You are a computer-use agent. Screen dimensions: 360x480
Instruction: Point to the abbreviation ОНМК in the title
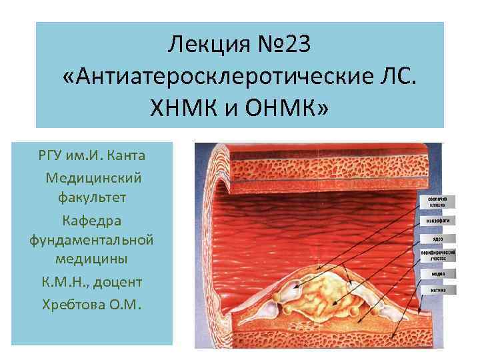click(x=280, y=107)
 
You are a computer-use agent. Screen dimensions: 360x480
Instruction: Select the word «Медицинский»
click(x=93, y=177)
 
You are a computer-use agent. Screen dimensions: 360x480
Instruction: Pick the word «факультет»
click(x=93, y=198)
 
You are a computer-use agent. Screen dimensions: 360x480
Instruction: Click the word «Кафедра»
click(x=93, y=219)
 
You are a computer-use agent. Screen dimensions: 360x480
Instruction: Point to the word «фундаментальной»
click(x=93, y=239)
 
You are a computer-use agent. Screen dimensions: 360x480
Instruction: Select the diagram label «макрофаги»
click(x=438, y=221)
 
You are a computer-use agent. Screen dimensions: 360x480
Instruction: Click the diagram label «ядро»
click(x=438, y=238)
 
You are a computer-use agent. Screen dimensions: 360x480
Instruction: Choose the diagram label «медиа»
click(x=438, y=273)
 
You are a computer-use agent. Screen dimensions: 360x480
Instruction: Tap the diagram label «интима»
click(x=438, y=290)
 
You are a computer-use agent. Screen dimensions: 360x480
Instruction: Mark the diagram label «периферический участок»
click(x=438, y=255)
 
